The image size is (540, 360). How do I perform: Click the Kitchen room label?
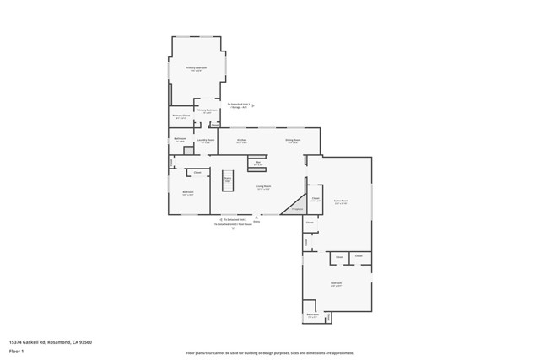241,141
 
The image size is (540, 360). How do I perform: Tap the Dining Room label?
293,141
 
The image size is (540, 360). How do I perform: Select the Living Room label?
263,187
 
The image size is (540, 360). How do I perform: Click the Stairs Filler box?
228,180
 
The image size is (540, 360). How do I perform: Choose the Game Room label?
341,201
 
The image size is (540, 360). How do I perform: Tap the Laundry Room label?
205,141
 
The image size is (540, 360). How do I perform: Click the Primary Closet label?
181,116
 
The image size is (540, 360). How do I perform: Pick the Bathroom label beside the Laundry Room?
180,140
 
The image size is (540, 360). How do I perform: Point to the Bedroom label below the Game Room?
336,284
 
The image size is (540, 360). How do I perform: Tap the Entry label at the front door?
256,222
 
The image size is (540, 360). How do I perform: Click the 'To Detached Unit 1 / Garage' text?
239,106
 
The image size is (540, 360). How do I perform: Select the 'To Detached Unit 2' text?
235,219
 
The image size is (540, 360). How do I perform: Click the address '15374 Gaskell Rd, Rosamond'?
50,342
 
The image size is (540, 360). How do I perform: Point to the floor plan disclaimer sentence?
269,353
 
